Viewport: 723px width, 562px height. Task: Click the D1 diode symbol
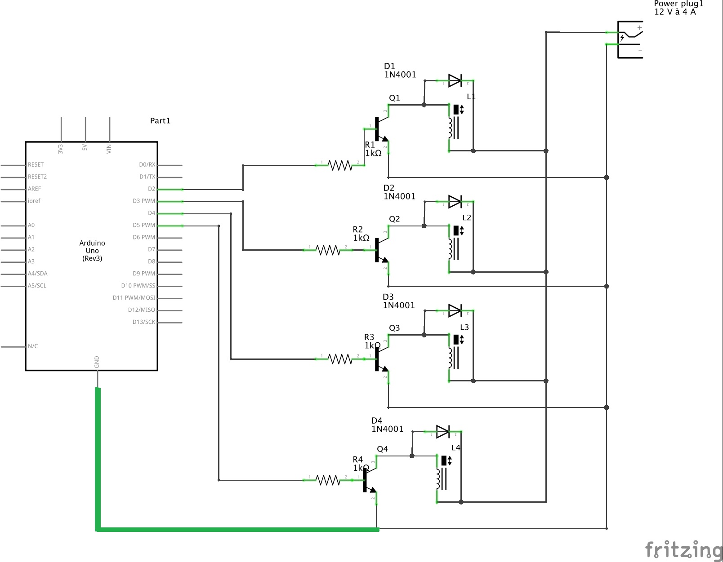pyautogui.click(x=455, y=81)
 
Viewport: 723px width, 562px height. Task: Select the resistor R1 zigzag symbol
pyautogui.click(x=340, y=165)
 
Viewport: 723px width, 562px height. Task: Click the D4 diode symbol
pyautogui.click(x=442, y=432)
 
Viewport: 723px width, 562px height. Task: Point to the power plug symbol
pyautogui.click(x=629, y=40)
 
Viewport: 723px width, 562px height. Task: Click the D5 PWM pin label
pyautogui.click(x=144, y=225)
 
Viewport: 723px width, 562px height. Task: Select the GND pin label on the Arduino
pyautogui.click(x=97, y=362)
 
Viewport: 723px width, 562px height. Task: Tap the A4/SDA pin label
pyautogui.click(x=38, y=274)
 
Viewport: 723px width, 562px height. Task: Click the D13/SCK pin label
pyautogui.click(x=144, y=322)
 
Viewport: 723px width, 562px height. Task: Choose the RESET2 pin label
pyautogui.click(x=37, y=177)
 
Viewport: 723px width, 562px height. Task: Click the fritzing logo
pyautogui.click(x=683, y=549)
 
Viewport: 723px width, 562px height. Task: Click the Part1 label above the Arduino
pyautogui.click(x=160, y=120)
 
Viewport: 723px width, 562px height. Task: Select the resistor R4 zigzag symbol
pyautogui.click(x=328, y=480)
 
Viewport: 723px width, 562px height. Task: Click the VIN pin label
pyautogui.click(x=109, y=148)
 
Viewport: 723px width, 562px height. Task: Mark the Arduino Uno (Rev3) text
pyautogui.click(x=92, y=251)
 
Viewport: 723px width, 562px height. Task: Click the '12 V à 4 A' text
pyautogui.click(x=675, y=12)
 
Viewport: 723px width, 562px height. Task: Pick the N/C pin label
pyautogui.click(x=33, y=346)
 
